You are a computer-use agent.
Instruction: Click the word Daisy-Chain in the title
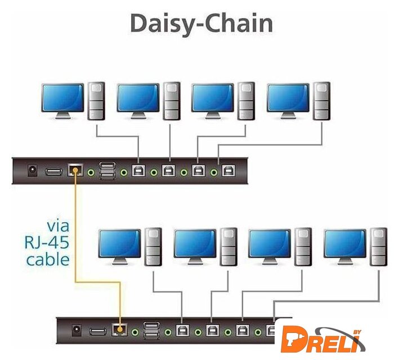(x=201, y=24)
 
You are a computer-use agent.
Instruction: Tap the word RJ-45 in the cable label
(x=48, y=243)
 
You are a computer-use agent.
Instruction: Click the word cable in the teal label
(x=48, y=259)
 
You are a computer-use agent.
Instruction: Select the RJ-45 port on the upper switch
(x=75, y=170)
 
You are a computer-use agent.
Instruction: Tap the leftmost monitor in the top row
(x=62, y=98)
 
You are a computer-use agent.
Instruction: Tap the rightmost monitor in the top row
(x=288, y=98)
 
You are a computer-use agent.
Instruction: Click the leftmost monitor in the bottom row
(x=119, y=244)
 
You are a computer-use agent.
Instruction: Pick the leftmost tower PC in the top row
(x=97, y=101)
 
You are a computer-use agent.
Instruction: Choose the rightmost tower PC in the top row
(x=322, y=101)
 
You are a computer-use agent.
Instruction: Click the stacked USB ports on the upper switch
(x=107, y=170)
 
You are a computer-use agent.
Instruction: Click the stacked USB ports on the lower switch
(x=151, y=331)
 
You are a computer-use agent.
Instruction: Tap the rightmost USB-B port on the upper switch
(x=227, y=170)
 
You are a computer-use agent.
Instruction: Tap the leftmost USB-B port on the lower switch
(x=182, y=331)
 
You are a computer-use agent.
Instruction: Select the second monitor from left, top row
(x=138, y=98)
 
